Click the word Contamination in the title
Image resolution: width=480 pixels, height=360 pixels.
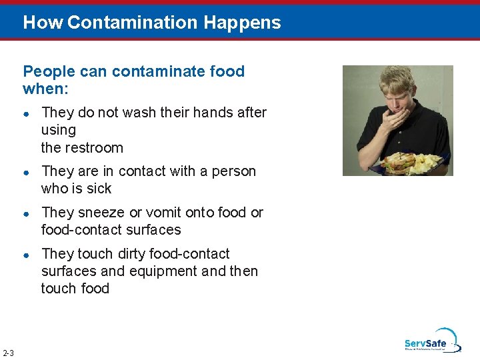tap(133, 23)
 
